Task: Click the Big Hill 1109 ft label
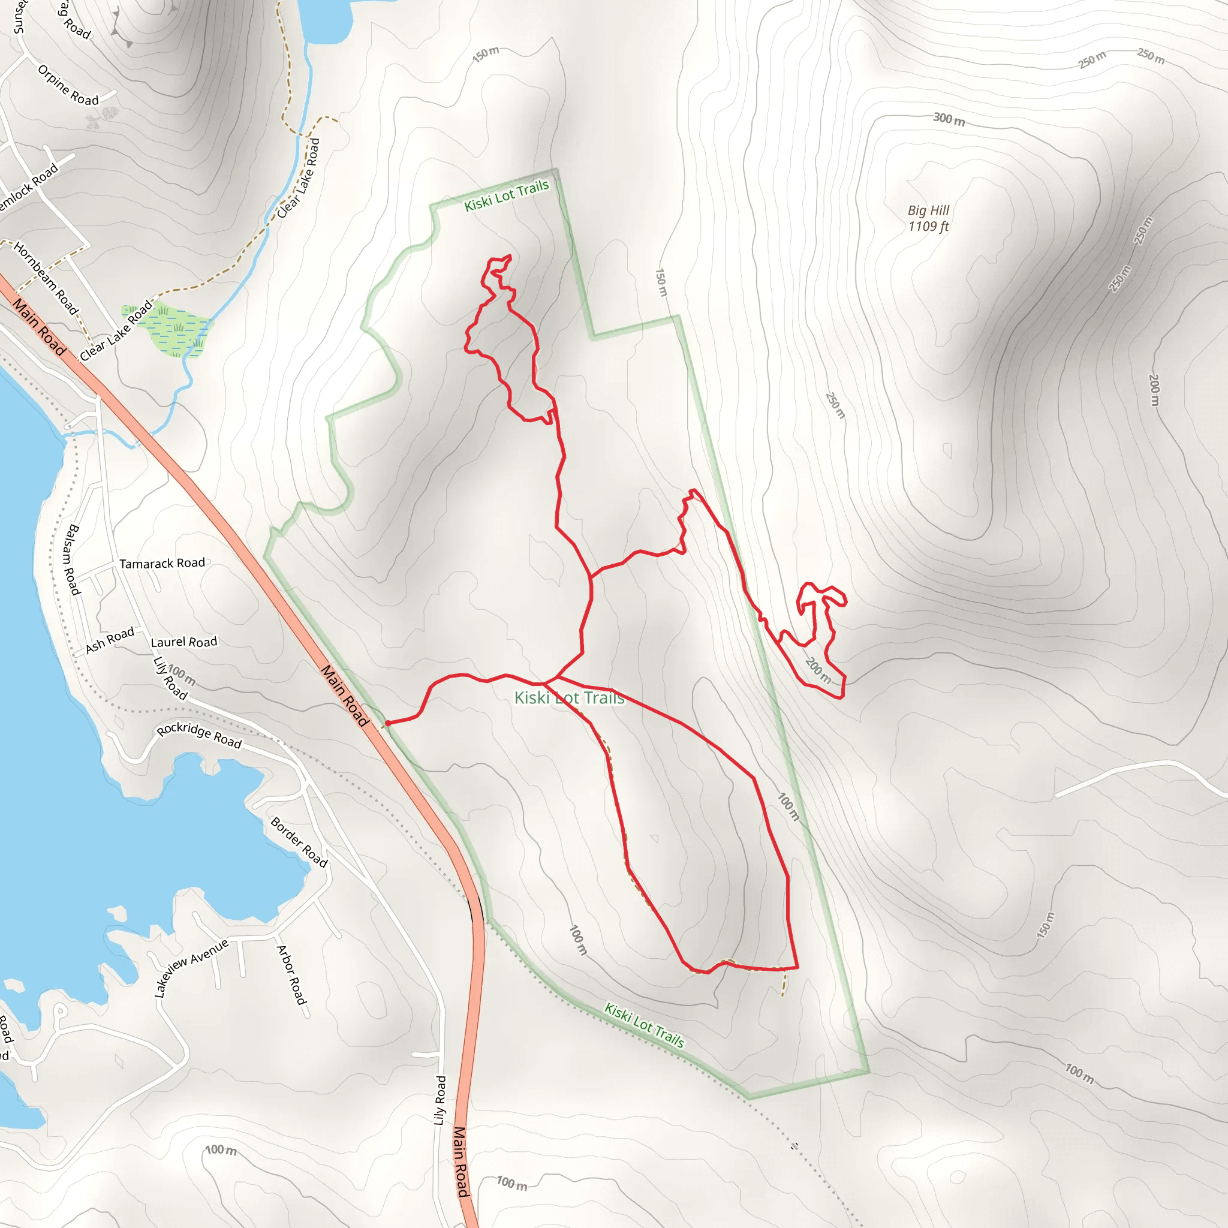(928, 218)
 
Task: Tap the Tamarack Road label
(162, 564)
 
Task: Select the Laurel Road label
(183, 642)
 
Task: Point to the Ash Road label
(110, 639)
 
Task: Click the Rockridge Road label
(199, 735)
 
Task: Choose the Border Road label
(299, 842)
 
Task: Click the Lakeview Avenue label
(191, 967)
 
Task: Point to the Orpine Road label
(68, 85)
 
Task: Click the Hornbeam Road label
(46, 278)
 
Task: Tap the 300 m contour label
(949, 119)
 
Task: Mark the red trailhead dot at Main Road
(387, 723)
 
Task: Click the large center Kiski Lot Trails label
(569, 698)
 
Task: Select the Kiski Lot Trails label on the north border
(507, 195)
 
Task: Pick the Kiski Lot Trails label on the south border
(644, 1025)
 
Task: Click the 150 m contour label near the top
(486, 54)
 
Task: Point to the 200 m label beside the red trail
(818, 670)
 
